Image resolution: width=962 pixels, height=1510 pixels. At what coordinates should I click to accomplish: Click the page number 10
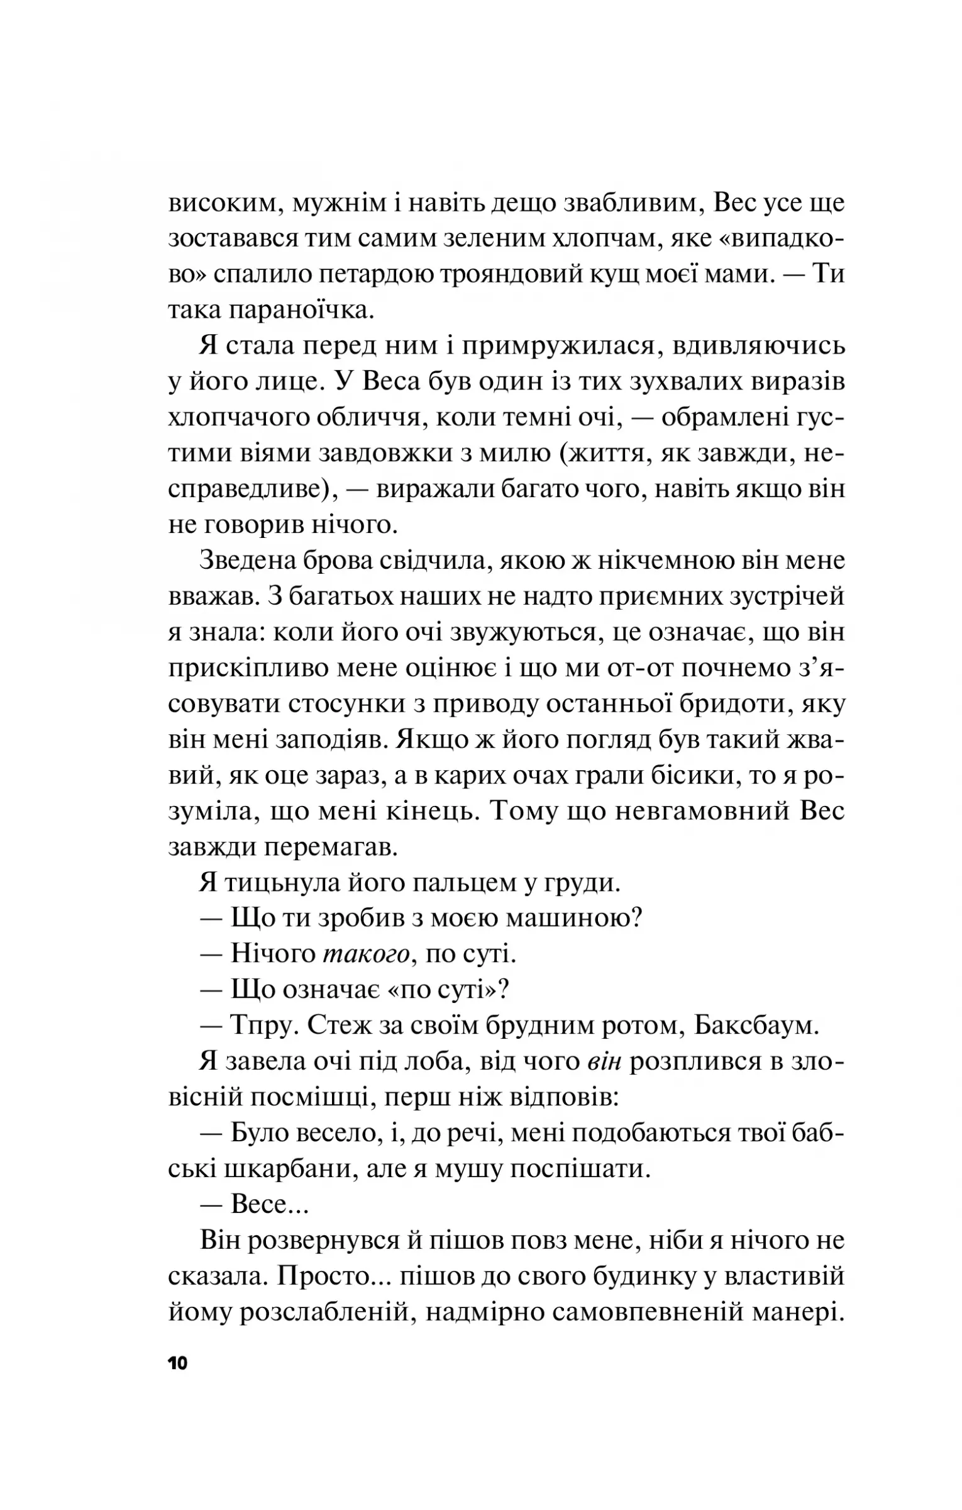[x=178, y=1364]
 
